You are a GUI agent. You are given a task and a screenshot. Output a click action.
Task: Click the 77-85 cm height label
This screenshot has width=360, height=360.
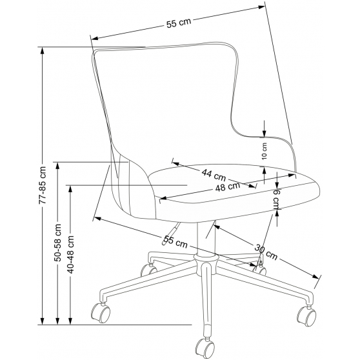[x=42, y=185]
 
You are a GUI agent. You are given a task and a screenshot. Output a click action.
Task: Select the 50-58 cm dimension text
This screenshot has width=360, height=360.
[x=57, y=243]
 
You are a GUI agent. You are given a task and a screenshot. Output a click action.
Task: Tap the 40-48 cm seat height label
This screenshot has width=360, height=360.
[x=70, y=254]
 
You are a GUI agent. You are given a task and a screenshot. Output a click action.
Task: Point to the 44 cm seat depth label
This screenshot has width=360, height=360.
[x=214, y=175]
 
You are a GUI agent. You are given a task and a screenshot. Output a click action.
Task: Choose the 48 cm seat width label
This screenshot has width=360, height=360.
[x=228, y=186]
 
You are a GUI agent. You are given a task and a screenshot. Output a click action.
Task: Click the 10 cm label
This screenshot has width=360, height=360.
[x=265, y=151]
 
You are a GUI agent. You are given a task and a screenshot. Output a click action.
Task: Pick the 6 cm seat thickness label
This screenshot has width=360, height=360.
[x=277, y=199]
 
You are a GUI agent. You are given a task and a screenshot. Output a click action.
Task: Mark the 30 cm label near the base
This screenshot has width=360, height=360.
[x=266, y=252]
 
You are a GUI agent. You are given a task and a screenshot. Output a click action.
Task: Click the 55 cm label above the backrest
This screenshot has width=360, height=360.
[x=179, y=23]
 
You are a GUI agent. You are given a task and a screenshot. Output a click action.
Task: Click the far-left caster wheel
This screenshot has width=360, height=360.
[x=101, y=313]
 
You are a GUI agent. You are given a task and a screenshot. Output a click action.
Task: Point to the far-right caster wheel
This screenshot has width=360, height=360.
[x=306, y=317]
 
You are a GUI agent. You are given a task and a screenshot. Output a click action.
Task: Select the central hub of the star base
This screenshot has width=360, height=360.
[x=206, y=259]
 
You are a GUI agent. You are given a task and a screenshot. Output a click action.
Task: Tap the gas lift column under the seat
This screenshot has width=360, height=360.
[x=206, y=238]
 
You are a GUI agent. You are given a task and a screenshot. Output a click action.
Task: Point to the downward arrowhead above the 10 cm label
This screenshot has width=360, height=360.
[x=265, y=134]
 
